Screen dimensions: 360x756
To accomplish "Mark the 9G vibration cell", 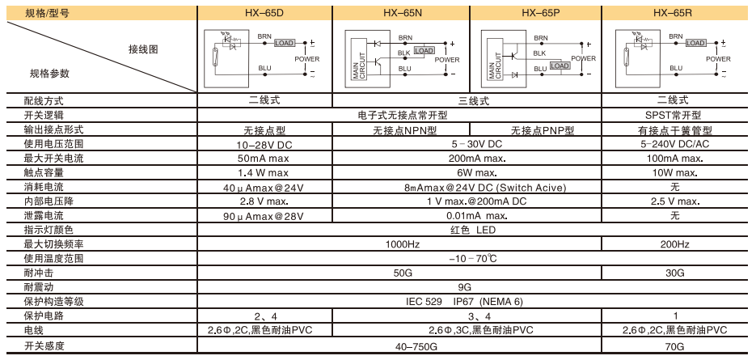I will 464,287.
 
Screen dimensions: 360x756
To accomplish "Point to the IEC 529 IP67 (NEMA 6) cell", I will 464,302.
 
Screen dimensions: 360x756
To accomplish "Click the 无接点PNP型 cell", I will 542,130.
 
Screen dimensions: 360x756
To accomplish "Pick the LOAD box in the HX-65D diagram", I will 285,43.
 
